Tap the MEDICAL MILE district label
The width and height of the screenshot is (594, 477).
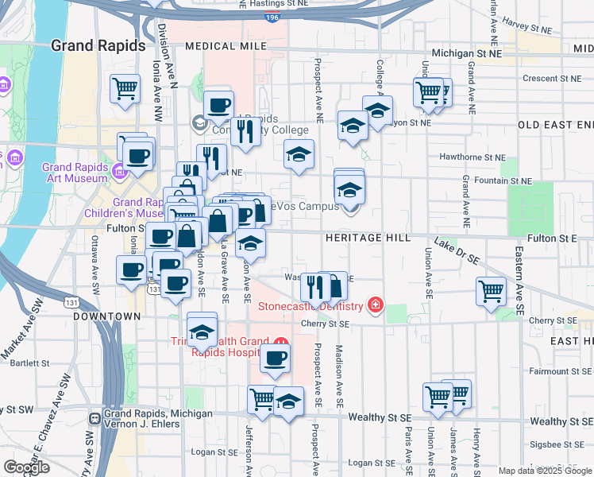[225, 47]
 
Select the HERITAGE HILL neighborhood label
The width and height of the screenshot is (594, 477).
[367, 238]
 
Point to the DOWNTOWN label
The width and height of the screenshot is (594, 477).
[106, 316]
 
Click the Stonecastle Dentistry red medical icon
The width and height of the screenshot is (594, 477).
[375, 305]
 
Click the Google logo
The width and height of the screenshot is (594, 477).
[26, 467]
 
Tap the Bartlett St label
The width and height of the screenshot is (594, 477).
[31, 363]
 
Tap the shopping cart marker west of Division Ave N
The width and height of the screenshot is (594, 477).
[125, 90]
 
